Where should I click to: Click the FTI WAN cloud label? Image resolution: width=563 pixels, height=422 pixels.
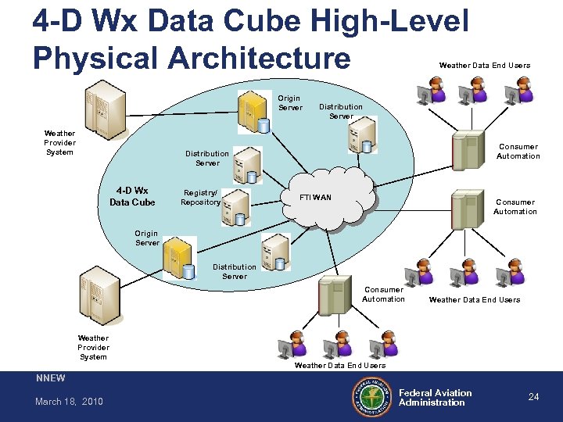coord(316,197)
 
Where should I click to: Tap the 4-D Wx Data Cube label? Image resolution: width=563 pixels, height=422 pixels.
coord(132,196)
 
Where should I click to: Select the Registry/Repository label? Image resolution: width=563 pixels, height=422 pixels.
coord(200,197)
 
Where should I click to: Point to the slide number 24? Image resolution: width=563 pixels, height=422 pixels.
coord(533,397)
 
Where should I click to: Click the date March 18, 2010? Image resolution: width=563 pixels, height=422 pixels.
coord(69,402)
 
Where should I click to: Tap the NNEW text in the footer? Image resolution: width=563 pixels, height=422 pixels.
coord(52,378)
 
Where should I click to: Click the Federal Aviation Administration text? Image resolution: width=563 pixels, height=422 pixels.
coord(435,398)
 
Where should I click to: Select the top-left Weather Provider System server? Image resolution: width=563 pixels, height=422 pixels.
coord(104,109)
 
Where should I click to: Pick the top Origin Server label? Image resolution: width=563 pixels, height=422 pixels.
coord(289,103)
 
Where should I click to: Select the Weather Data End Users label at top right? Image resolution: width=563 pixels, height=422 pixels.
coord(484,66)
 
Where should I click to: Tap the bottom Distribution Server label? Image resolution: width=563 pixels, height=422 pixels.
coord(234,271)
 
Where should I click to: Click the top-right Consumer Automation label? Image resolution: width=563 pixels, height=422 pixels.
coord(518,152)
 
